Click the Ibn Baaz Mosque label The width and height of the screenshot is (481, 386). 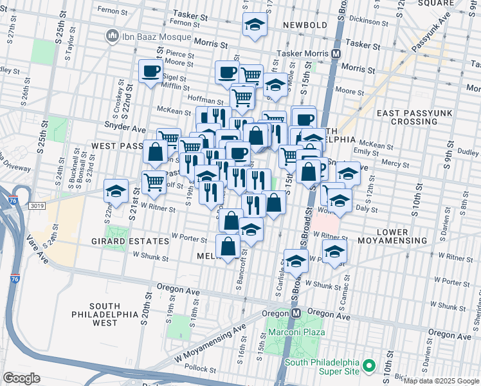click(145, 33)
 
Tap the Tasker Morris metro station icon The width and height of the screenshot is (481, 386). click(336, 55)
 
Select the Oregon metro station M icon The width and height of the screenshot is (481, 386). click(296, 312)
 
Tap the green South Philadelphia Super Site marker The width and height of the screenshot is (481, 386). click(368, 366)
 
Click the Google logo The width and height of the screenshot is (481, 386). click(21, 378)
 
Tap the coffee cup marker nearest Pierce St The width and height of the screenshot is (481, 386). click(150, 70)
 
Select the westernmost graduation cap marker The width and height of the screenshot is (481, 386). click(116, 190)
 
